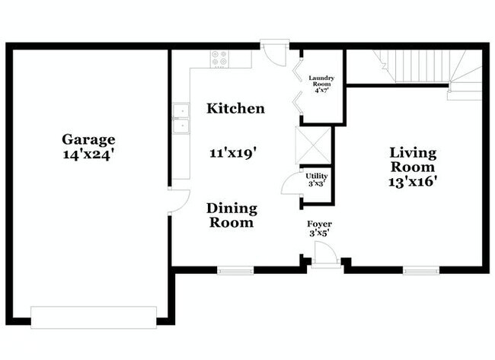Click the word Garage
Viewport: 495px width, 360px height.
[88, 139]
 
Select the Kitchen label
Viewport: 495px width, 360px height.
[236, 109]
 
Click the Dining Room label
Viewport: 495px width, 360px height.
[232, 215]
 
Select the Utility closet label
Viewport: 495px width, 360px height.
[316, 176]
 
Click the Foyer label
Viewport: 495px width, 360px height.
[319, 224]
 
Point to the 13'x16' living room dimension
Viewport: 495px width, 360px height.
[412, 181]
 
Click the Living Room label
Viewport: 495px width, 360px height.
[412, 159]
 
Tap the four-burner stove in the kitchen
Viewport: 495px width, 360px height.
[219, 57]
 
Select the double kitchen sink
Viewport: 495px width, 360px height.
[180, 120]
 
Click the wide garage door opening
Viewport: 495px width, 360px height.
[94, 317]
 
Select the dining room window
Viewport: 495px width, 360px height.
[235, 269]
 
